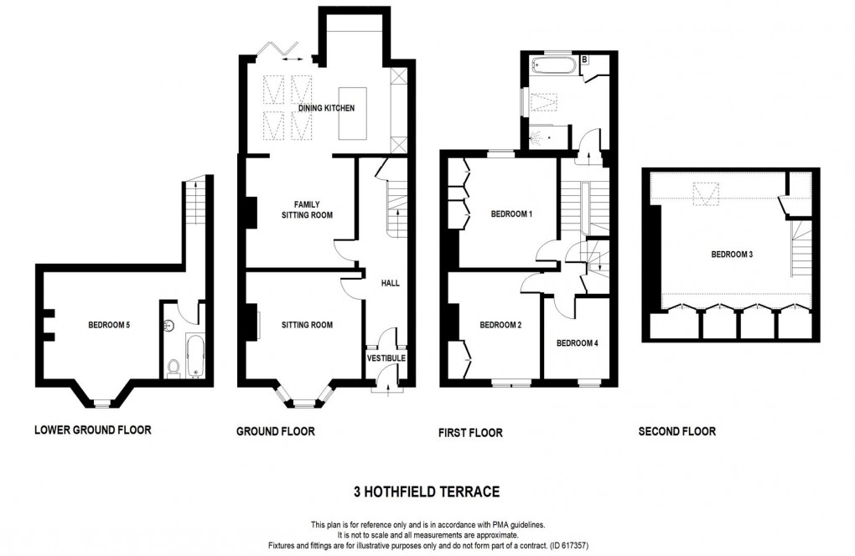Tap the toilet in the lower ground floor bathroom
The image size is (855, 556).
click(x=174, y=368)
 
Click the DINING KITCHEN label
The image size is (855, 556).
click(x=326, y=109)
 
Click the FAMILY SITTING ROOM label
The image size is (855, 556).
click(x=301, y=209)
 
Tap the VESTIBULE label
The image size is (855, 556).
click(x=386, y=358)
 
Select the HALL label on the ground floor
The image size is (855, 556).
click(x=390, y=283)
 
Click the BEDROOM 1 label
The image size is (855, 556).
click(x=511, y=214)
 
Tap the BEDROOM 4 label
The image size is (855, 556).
click(x=578, y=342)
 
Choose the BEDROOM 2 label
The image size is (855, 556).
click(x=501, y=325)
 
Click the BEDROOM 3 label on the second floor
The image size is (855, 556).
click(x=732, y=255)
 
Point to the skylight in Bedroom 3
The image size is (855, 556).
click(x=708, y=194)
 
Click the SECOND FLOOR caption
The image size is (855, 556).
click(x=676, y=432)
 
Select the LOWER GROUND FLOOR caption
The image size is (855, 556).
click(x=92, y=430)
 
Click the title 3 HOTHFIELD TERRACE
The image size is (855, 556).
click(x=427, y=491)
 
